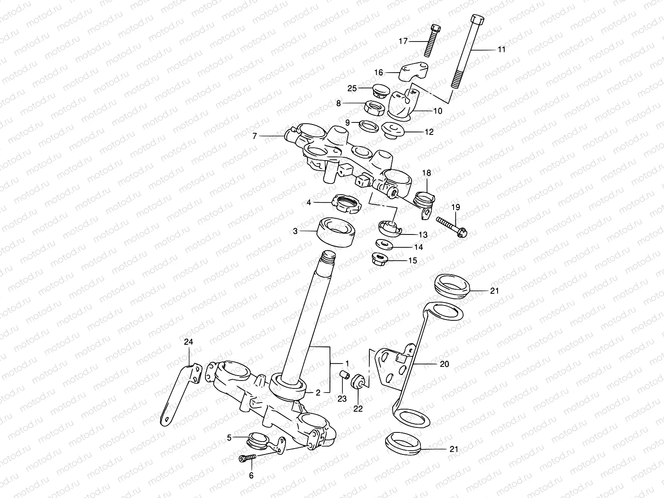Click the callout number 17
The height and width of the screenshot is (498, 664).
pos(403,41)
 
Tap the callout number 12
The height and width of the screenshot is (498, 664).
pos(429,132)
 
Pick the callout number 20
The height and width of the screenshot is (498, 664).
pos(444,364)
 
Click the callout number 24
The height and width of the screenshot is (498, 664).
pos(189,342)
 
